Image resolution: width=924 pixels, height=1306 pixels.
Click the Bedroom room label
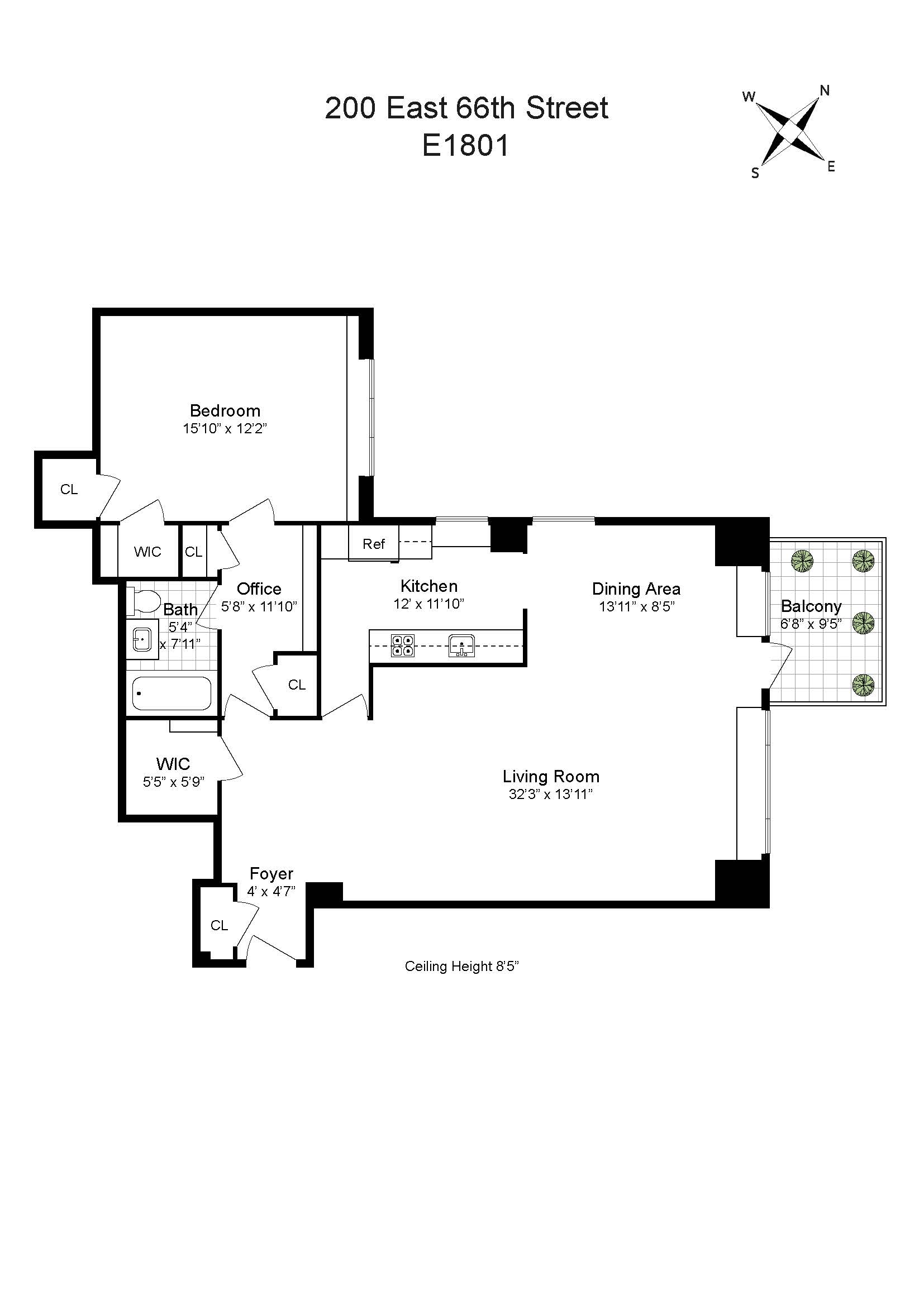pos(225,411)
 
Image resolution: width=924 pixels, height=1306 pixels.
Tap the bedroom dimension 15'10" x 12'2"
pos(225,429)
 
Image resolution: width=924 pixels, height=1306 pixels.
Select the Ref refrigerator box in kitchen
pos(374,544)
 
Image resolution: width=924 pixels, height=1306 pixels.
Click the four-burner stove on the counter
pos(402,645)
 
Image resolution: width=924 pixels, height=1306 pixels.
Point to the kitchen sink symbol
pos(461,645)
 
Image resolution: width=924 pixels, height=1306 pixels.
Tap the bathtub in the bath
pos(172,693)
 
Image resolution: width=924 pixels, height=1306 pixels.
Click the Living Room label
pos(550,777)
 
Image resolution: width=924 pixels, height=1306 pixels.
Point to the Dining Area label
pos(636,589)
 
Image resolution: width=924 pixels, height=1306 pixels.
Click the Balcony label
pos(810,606)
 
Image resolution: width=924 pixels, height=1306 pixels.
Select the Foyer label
pos(272,874)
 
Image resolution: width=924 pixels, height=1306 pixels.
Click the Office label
pos(259,589)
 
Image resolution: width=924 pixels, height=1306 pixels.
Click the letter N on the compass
pos(825,90)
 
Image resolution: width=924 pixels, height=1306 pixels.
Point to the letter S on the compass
pos(755,174)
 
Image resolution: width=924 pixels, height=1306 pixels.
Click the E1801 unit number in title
pos(465,146)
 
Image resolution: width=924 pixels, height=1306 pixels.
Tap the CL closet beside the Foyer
pos(219,925)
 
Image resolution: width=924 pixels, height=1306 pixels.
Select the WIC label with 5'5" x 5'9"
pos(173,764)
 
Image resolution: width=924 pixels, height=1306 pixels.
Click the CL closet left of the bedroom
pos(69,490)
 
